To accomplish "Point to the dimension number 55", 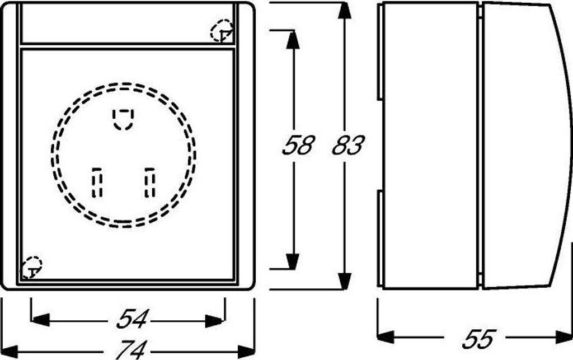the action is click(480, 338).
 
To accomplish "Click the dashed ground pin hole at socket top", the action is click(123, 119).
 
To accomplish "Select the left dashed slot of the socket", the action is click(97, 182).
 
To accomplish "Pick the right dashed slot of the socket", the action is click(149, 182).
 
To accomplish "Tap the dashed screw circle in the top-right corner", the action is click(223, 31).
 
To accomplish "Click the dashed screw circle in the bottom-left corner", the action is click(31, 267).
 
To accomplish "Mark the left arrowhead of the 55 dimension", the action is click(386, 337).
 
